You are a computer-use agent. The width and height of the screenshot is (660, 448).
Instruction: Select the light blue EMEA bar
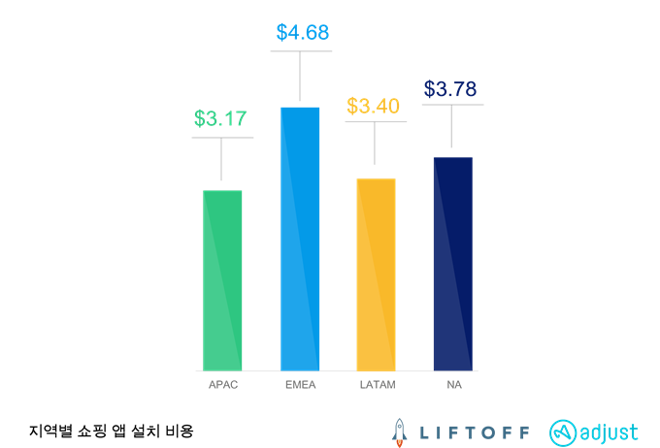pyautogui.click(x=300, y=238)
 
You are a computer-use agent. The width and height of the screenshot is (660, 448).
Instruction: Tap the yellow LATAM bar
pyautogui.click(x=376, y=273)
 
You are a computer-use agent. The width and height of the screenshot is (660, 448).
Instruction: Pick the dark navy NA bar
pyautogui.click(x=452, y=263)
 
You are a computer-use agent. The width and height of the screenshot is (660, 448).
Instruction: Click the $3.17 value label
pyautogui.click(x=220, y=119)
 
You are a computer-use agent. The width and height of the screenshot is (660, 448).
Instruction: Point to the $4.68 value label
pyautogui.click(x=303, y=33)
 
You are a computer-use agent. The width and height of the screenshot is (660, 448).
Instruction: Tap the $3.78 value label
pyautogui.click(x=450, y=90)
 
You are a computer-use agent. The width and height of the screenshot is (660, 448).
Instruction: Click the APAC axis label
pyautogui.click(x=222, y=385)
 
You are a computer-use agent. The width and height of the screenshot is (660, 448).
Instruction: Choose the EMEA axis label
pyautogui.click(x=300, y=385)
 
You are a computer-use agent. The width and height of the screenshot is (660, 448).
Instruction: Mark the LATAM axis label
pyautogui.click(x=376, y=385)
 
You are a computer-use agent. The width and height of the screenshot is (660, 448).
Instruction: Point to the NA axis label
pyautogui.click(x=452, y=385)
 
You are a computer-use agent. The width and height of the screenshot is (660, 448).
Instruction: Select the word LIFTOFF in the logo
pyautogui.click(x=475, y=432)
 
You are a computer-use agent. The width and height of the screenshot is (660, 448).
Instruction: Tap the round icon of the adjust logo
pyautogui.click(x=564, y=432)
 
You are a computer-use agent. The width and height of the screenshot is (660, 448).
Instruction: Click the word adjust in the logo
pyautogui.click(x=610, y=432)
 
